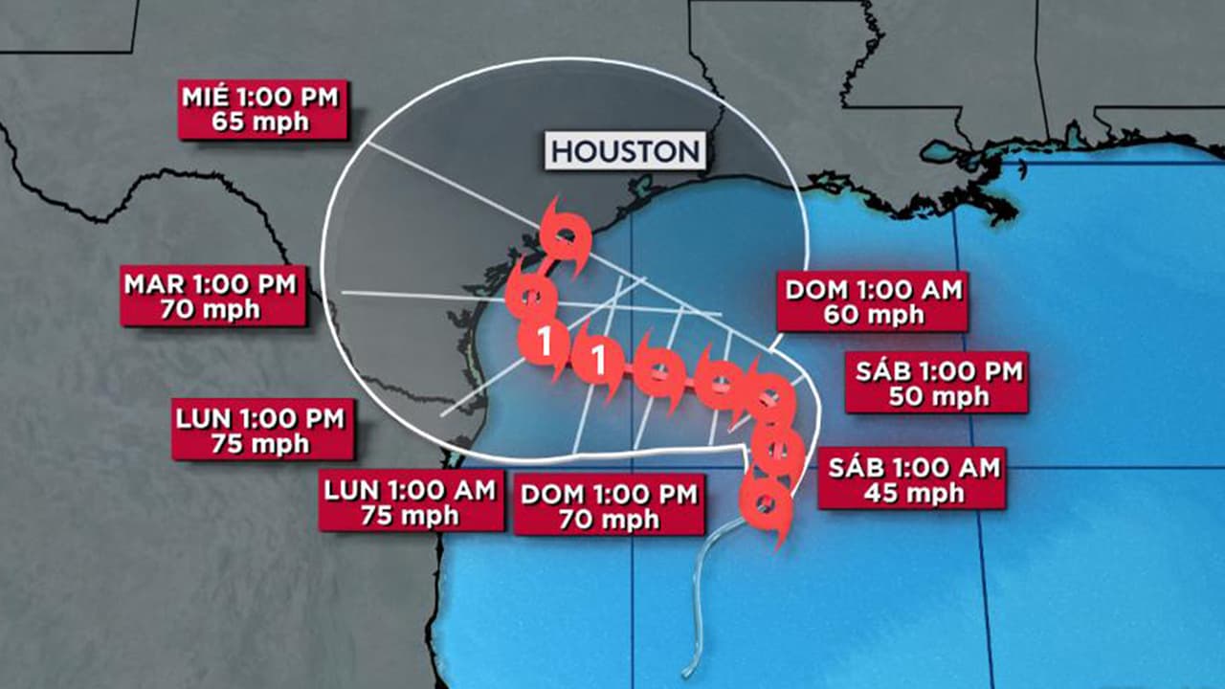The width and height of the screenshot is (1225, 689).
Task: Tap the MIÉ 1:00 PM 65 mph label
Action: click(263, 110)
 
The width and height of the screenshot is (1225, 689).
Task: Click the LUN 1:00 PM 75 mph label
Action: click(263, 430)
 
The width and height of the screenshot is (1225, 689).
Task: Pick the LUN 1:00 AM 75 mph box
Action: click(411, 502)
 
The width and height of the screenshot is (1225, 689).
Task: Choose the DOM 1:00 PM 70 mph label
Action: click(609, 507)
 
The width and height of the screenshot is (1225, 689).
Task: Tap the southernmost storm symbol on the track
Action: click(766, 503)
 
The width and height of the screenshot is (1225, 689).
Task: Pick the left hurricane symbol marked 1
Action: click(544, 342)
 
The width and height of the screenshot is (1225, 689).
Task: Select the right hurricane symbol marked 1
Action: click(599, 360)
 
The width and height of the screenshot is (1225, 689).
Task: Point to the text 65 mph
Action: click(263, 122)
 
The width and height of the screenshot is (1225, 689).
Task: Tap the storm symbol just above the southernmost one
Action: click(776, 447)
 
